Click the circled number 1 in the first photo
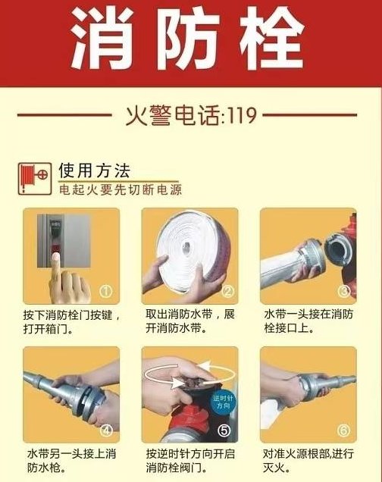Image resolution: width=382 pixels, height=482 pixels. pos(107,290)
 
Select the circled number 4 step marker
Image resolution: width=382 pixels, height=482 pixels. pos(107,430)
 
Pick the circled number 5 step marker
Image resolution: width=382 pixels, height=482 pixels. pos(225,430)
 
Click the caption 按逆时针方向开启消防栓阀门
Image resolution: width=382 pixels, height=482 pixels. pos(189,460)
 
